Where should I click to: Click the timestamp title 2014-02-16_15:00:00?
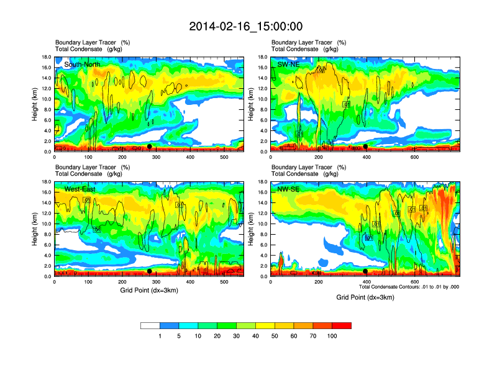pos(246,26)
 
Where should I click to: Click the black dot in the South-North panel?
pos(150,147)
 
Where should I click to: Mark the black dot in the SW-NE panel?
pos(365,147)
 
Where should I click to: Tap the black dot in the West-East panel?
pos(150,271)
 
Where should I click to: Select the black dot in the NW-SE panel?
pos(365,271)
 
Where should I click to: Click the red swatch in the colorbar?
pos(342,325)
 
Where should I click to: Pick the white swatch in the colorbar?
pos(150,325)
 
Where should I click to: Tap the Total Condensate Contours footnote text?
pos(409,287)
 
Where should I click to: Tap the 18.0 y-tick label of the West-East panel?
pos(46,182)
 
